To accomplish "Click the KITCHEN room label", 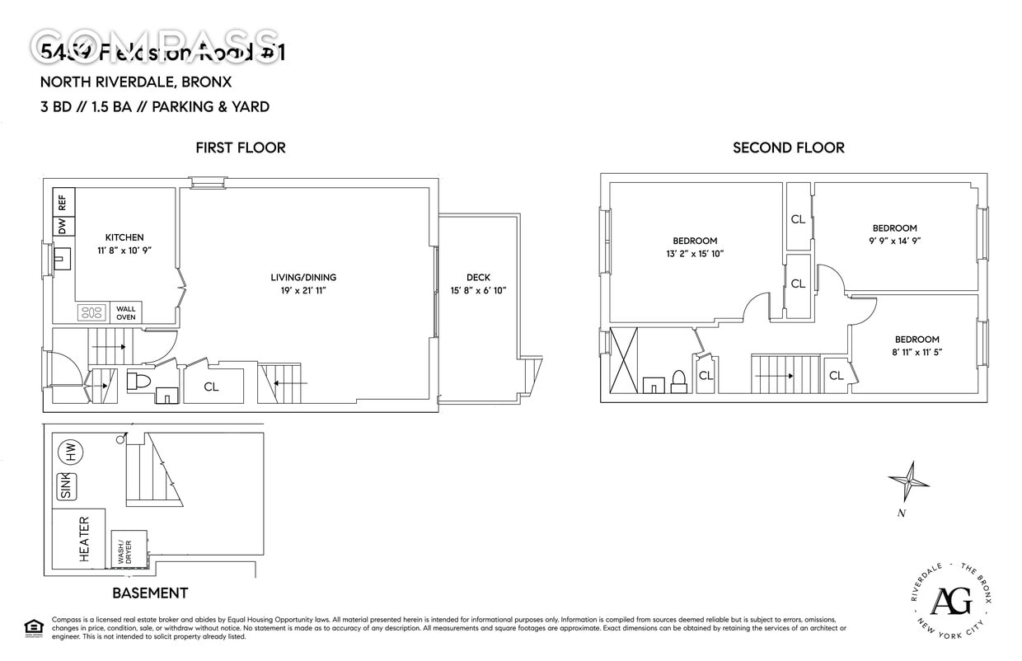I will [124, 237].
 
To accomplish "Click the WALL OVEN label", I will [126, 313].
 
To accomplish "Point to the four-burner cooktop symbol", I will [91, 313].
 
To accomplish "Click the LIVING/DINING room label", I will [303, 277].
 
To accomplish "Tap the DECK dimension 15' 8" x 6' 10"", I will [478, 290].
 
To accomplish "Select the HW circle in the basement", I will [72, 452].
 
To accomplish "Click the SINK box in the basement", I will [65, 486].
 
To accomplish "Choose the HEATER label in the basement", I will [84, 540].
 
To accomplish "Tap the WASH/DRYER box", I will [128, 550].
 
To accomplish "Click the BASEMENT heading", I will [150, 593].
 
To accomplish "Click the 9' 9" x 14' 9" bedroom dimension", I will [895, 241].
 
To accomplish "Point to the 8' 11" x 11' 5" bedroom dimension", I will [917, 352].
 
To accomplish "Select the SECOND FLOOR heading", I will [789, 148].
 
